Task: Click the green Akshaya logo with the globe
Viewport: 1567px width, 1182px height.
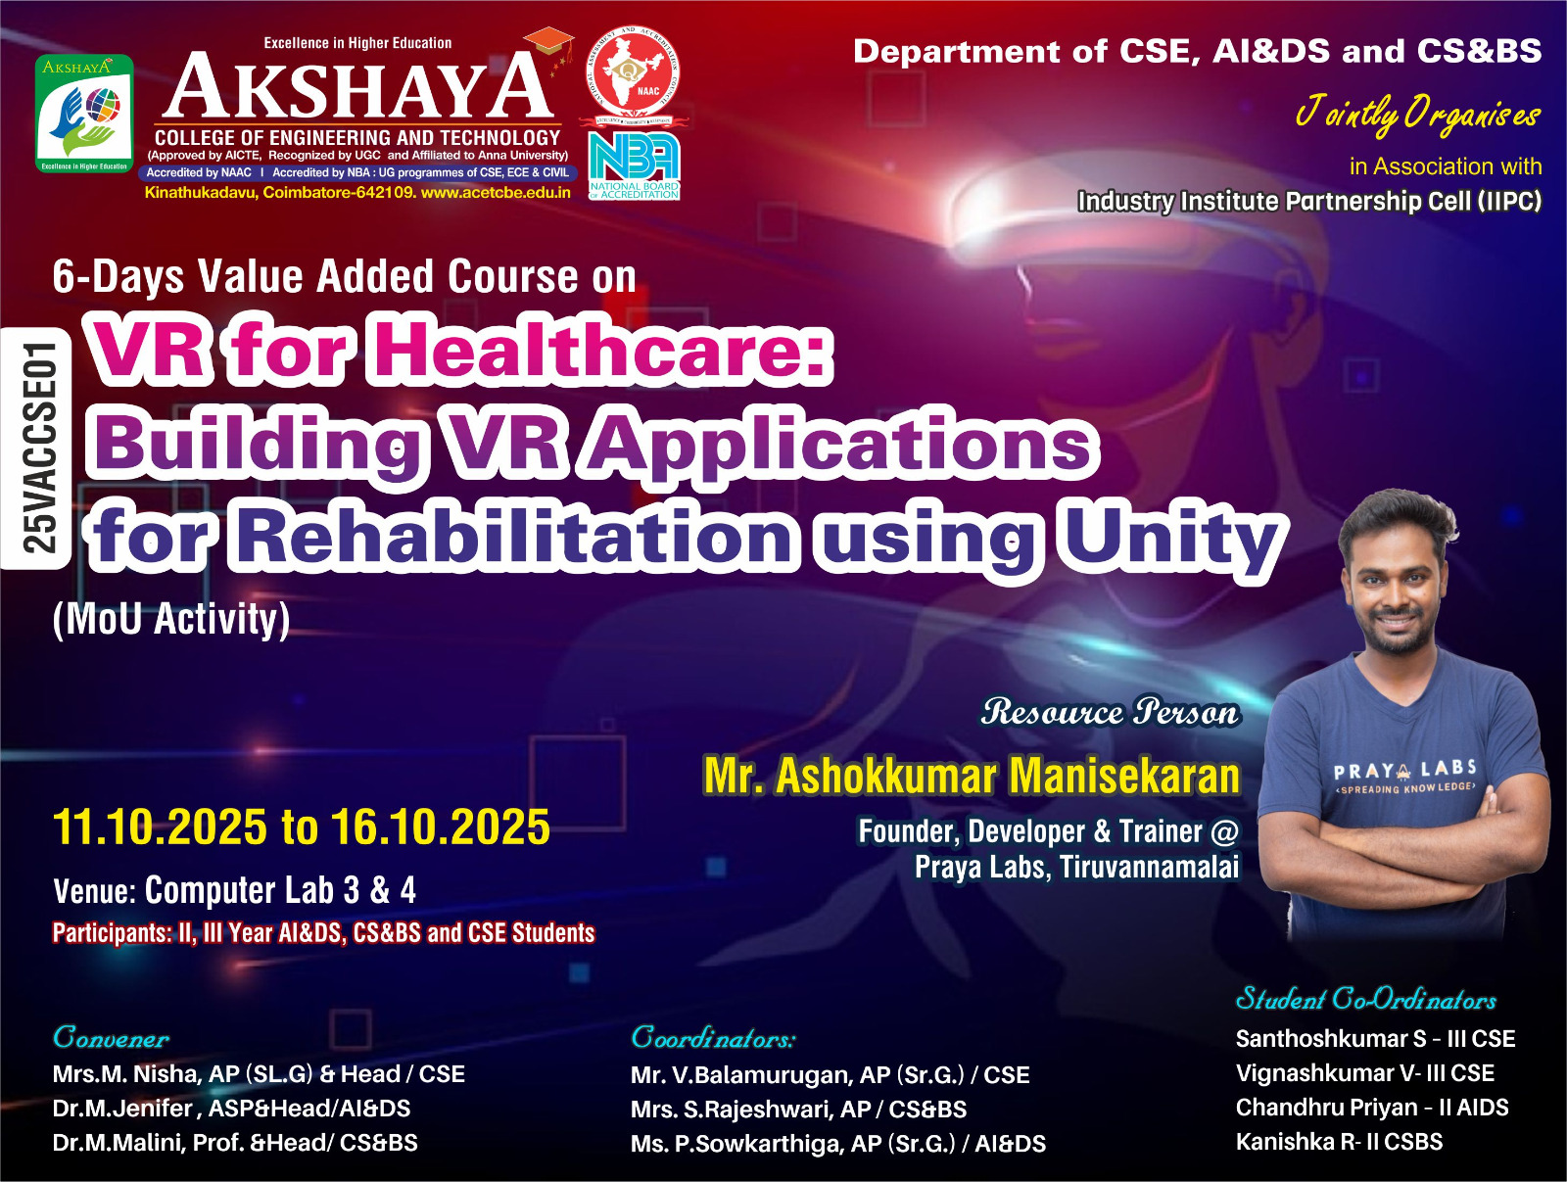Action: [84, 114]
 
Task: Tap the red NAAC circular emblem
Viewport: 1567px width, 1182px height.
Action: [633, 72]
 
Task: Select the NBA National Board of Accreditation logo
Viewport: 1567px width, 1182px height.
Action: [634, 165]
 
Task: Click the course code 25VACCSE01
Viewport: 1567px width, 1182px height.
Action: [38, 448]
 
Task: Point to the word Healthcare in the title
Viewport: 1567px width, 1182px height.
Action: [599, 351]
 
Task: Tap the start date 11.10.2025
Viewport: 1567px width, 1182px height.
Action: [160, 827]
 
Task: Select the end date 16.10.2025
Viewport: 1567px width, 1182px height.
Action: [441, 827]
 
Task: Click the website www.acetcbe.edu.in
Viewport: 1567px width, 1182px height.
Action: [497, 193]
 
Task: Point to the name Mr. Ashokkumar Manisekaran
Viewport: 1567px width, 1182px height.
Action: [972, 776]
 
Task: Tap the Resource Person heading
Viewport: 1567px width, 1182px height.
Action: [1110, 712]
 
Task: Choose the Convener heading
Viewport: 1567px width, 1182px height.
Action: [112, 1038]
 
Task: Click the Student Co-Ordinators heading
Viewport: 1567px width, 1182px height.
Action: [1365, 999]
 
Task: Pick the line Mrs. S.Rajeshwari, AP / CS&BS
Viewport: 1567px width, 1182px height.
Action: [798, 1110]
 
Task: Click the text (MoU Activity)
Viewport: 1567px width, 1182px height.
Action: [171, 619]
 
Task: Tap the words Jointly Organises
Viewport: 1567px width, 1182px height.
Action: [1418, 115]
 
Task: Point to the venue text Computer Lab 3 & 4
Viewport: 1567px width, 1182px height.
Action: [280, 890]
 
